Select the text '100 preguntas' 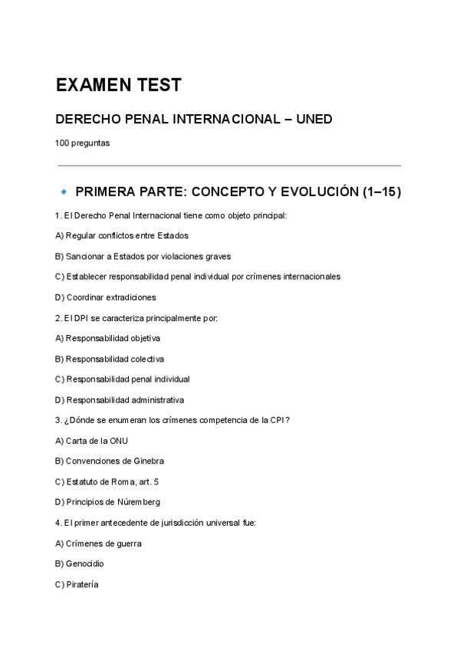click(x=82, y=142)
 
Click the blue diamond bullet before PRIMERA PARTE click(x=64, y=191)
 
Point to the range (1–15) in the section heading click(x=381, y=192)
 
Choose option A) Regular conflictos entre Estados click(x=122, y=235)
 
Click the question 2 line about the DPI click(x=136, y=317)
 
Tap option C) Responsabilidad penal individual click(x=122, y=379)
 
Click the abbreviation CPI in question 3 click(x=279, y=420)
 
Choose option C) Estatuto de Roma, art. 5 click(x=107, y=481)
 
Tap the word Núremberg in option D click(x=139, y=502)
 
